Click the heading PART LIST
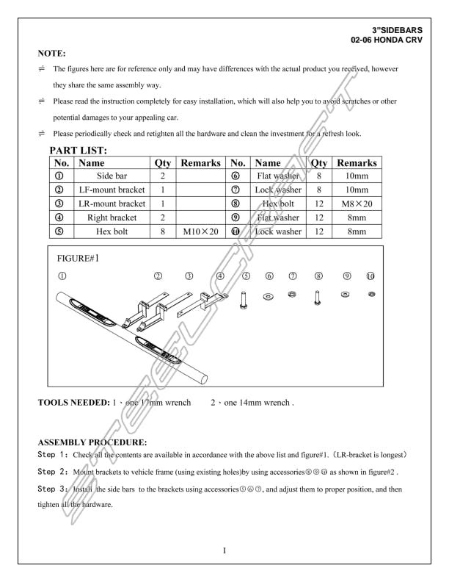79,151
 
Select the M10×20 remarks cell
200,231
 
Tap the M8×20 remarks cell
357,204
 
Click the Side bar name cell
112,176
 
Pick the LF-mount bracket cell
112,190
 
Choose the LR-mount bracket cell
112,204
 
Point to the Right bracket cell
112,218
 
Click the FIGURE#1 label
77,259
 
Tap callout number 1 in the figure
62,276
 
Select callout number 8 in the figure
318,276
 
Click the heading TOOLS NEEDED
73,403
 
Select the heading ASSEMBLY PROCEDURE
92,442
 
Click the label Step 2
53,471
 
